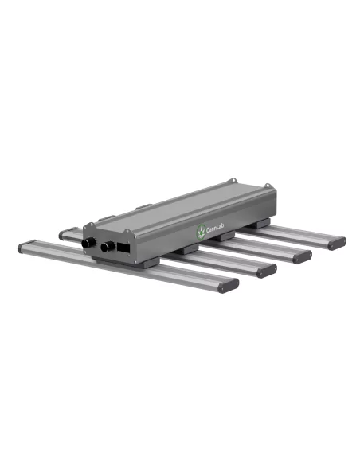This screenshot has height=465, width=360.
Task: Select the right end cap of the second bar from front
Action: (x=265, y=270)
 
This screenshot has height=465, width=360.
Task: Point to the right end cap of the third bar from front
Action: (x=302, y=256)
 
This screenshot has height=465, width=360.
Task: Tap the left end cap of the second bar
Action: (x=64, y=234)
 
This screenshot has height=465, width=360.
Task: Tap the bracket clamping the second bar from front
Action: (x=186, y=249)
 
